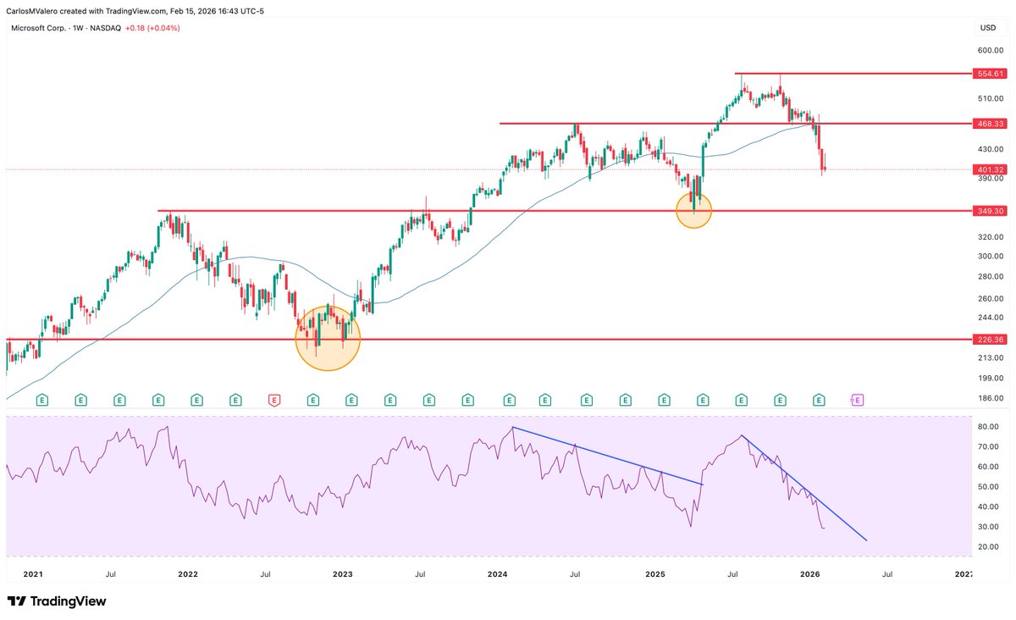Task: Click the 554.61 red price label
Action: point(990,74)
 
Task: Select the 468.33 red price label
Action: point(990,124)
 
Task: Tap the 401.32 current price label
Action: point(990,169)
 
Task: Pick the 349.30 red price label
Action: point(990,210)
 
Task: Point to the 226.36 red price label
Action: point(990,339)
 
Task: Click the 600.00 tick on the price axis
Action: point(990,50)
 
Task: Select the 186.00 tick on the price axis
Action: point(990,398)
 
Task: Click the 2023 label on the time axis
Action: point(343,574)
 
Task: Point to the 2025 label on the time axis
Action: point(655,574)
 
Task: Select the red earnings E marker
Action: point(273,398)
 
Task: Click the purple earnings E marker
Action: point(857,398)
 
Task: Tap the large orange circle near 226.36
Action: point(328,338)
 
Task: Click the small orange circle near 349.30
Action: point(694,210)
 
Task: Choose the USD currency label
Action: point(987,28)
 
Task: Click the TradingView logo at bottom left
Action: point(57,601)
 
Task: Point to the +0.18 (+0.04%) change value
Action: point(152,28)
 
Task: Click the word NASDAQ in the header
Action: point(106,28)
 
